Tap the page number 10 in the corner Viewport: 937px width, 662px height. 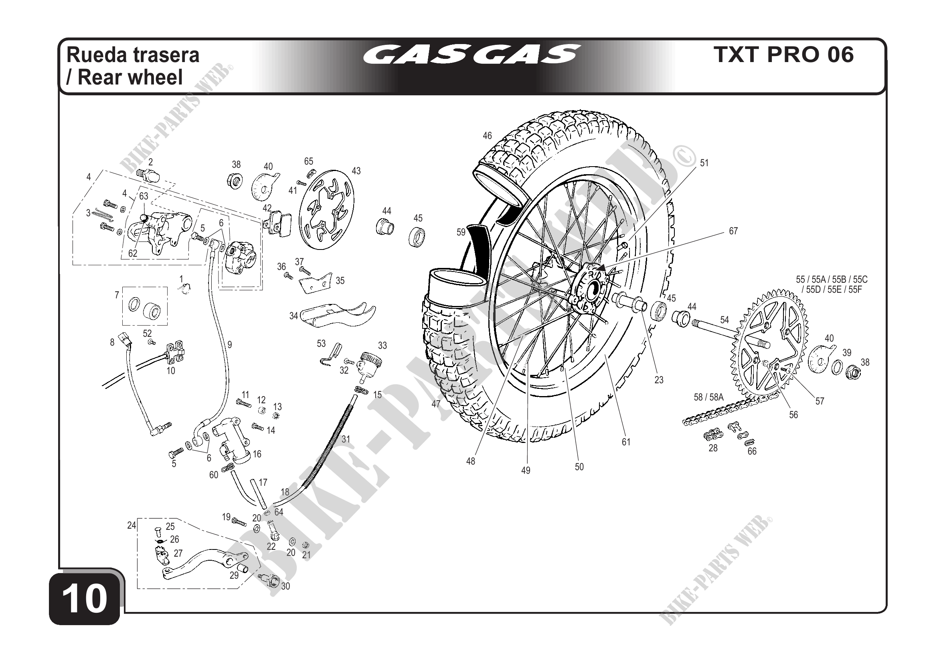tap(85, 599)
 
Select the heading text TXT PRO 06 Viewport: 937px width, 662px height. tap(783, 54)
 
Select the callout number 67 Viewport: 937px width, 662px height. tap(733, 231)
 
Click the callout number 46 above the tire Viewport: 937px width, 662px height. tap(487, 136)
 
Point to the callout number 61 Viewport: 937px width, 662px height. tap(626, 442)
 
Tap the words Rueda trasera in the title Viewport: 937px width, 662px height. tap(133, 54)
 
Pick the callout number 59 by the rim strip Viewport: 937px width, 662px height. tap(461, 232)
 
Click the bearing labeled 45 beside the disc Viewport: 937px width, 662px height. tap(417, 236)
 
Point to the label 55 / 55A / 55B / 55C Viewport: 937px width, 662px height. tap(832, 280)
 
